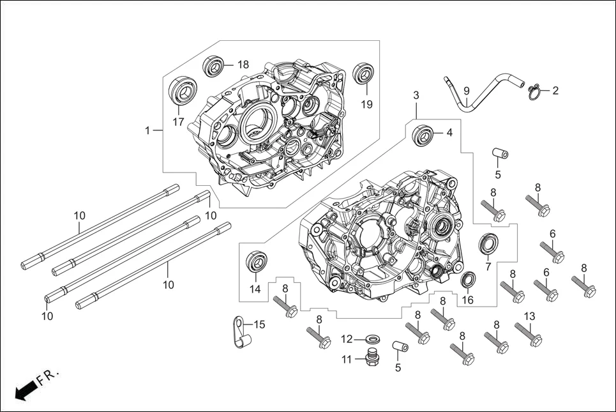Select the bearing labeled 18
click(214, 65)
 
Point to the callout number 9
click(466, 91)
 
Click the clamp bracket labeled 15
click(239, 332)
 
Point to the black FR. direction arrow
click(25, 390)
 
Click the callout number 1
click(147, 130)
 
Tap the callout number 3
click(416, 95)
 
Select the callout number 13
click(529, 316)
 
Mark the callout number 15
click(259, 324)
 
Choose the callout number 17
click(177, 121)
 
